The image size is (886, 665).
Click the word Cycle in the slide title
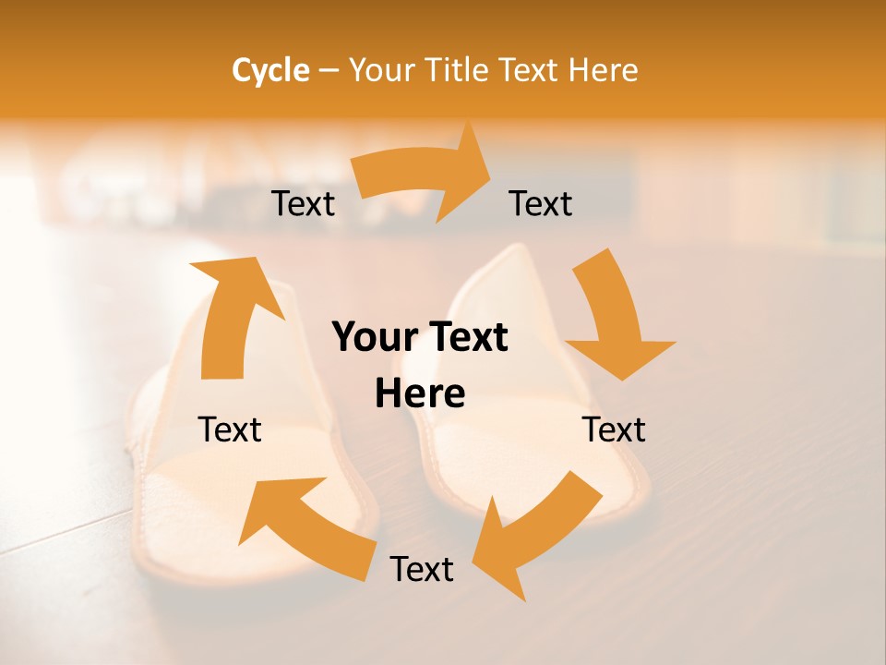click(x=270, y=70)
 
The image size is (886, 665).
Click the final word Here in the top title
click(x=603, y=70)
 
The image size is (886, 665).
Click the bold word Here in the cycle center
click(x=420, y=393)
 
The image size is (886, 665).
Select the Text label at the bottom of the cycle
click(x=422, y=569)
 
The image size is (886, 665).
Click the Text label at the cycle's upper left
click(x=304, y=203)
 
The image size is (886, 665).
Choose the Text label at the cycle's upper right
click(x=541, y=203)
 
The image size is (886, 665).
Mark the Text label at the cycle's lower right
click(x=614, y=429)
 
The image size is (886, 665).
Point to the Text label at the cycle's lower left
click(x=230, y=429)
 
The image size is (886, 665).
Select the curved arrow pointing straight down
click(x=614, y=314)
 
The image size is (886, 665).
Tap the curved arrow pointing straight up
click(x=231, y=314)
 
